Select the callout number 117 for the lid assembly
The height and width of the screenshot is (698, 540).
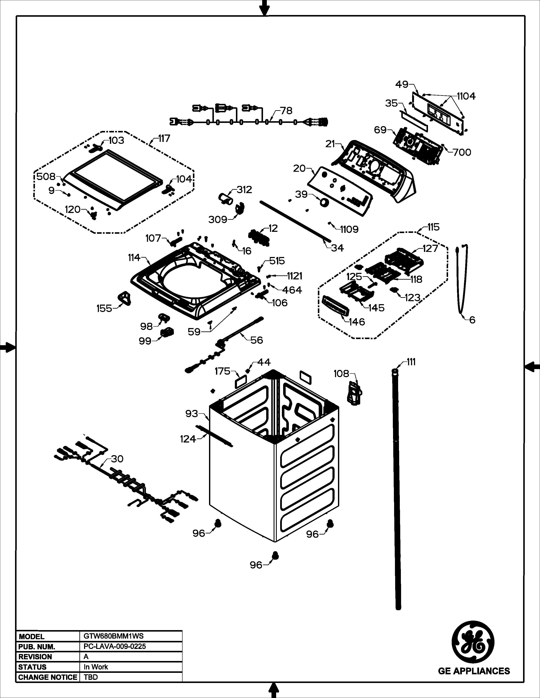click(164, 139)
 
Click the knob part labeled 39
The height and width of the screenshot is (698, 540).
click(324, 202)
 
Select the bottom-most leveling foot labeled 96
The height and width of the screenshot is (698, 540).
click(275, 555)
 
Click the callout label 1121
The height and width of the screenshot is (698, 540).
click(294, 276)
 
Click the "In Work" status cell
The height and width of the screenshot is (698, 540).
click(96, 667)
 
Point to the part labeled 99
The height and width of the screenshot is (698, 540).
click(167, 332)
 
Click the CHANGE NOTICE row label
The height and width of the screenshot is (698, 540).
click(48, 677)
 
